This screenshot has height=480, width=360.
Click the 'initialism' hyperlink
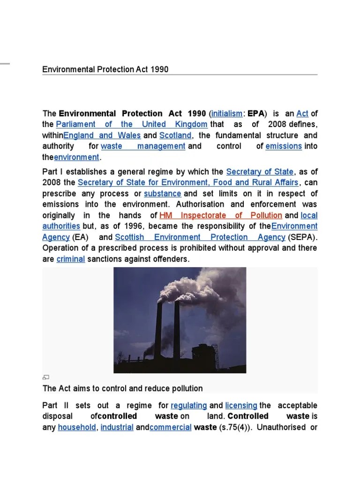pos(227,113)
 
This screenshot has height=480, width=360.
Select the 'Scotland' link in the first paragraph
pos(175,135)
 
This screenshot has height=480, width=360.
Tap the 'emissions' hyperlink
pos(284,146)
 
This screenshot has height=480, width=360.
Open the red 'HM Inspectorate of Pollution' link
pos(221,216)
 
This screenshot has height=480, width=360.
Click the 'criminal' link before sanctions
pos(71,259)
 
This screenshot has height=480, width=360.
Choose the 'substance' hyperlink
pos(163,194)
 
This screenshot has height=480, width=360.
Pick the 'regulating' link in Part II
pos(189,405)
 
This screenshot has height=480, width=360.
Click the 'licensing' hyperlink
pos(241,405)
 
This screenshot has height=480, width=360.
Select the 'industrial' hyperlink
pos(117,427)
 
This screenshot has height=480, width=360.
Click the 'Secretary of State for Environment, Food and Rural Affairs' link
pos(188,183)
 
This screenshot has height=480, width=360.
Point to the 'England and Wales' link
pos(102,135)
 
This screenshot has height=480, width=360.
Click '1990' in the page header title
pos(159,69)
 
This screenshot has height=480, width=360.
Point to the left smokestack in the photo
pos(158,328)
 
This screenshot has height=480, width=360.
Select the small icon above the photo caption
pos(45,377)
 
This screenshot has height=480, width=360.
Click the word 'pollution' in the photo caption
pos(187,389)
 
